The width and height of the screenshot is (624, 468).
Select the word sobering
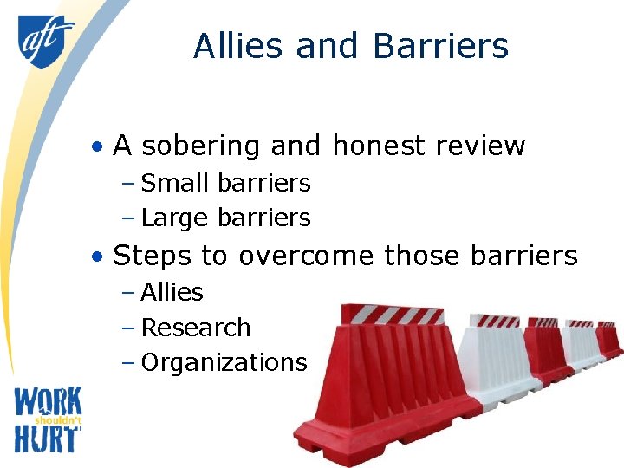click(x=200, y=146)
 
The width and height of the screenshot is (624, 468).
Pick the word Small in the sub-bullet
click(x=175, y=183)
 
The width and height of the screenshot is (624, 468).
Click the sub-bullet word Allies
click(x=172, y=292)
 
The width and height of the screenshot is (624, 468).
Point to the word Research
click(x=195, y=328)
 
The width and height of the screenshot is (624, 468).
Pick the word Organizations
click(x=224, y=362)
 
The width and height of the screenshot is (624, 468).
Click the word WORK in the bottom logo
click(x=48, y=403)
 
